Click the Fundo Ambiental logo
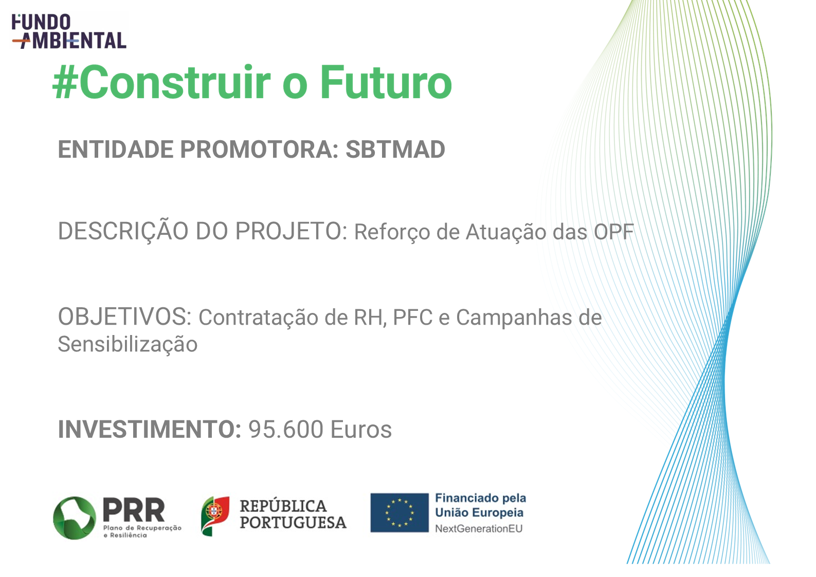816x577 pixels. point(69,31)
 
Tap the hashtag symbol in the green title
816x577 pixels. point(65,82)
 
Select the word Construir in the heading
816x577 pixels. point(175,82)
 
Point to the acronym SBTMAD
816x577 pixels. point(395,149)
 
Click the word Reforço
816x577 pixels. point(392,233)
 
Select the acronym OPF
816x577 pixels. point(614,232)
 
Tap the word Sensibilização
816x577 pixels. point(128,345)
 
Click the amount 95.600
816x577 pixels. point(286,430)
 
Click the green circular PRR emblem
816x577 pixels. point(75,518)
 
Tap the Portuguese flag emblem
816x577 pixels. point(215,516)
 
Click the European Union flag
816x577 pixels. point(400,513)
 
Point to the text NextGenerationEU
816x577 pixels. point(479,529)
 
